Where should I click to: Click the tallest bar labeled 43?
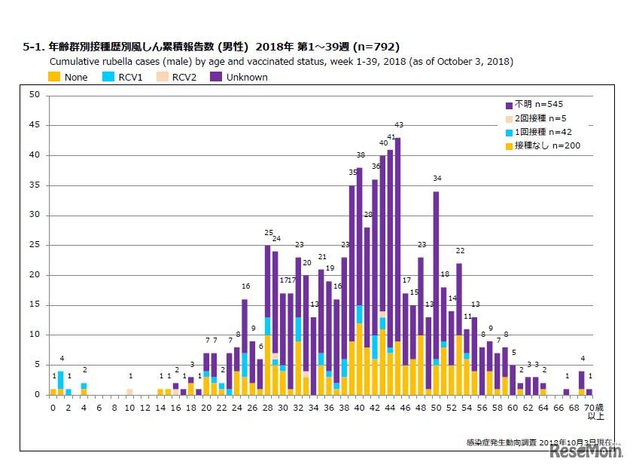[x=397, y=264]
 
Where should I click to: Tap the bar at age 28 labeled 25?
[x=267, y=317]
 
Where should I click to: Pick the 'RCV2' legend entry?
[x=176, y=77]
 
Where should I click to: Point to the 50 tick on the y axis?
[x=35, y=95]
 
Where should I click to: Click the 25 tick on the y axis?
[x=35, y=245]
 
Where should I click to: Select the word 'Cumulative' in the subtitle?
[x=74, y=62]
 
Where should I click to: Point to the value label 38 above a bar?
[x=360, y=155]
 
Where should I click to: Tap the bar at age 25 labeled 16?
[x=245, y=347]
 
